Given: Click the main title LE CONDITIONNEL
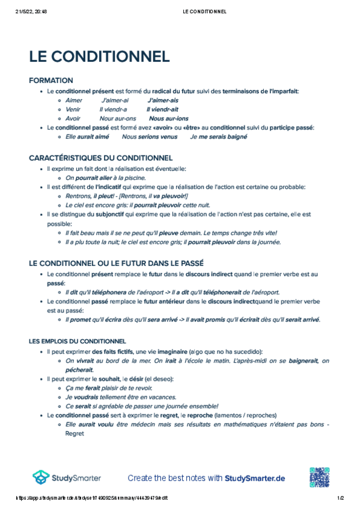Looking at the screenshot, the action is click(99, 56).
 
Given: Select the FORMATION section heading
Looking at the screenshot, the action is click(51, 80).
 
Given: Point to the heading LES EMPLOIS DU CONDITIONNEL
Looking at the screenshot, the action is click(78, 341).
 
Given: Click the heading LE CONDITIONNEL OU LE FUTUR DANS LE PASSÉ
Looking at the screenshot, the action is click(116, 263).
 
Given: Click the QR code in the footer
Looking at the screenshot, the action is click(320, 478).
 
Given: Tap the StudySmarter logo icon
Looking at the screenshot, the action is click(41, 478).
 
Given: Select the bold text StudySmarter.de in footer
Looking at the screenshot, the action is click(255, 478).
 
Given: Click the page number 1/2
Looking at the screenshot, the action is click(340, 498).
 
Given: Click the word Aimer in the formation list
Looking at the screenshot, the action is click(73, 100).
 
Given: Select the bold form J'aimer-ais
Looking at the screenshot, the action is click(163, 100).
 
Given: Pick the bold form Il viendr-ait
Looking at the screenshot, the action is click(162, 109).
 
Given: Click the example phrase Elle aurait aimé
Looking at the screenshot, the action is click(87, 137).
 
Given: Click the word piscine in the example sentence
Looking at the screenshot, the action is click(133, 178).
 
